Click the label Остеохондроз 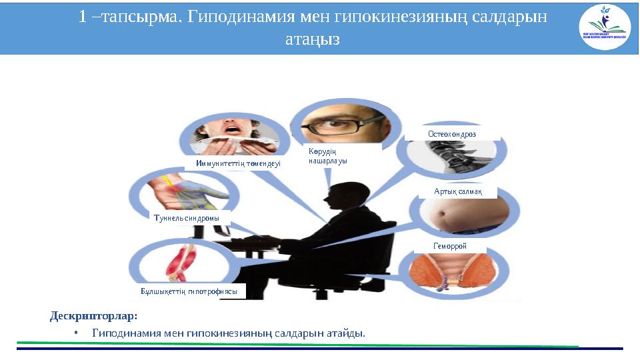(452, 134)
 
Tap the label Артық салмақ (453, 192)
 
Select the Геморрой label (451, 246)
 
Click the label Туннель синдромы (186, 218)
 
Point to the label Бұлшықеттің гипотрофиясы (189, 291)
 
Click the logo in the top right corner (605, 27)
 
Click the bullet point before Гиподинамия (77, 333)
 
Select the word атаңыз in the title (312, 39)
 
